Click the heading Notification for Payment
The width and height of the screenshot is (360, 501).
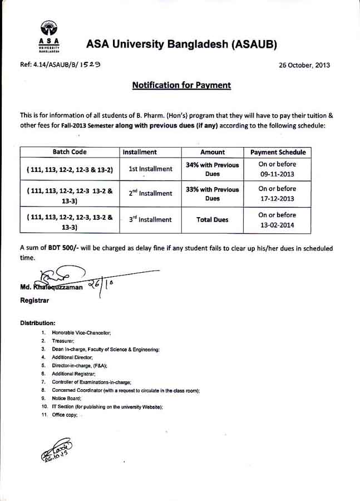(181, 85)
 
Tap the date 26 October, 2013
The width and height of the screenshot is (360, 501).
(304, 65)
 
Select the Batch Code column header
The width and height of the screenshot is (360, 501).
(70, 152)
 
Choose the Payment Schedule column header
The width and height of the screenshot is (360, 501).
(278, 152)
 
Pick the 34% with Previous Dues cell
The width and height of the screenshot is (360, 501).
(212, 169)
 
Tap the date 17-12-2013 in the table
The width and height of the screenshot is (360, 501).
(278, 198)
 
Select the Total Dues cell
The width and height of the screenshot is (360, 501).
(212, 220)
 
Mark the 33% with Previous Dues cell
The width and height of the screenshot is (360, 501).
(212, 194)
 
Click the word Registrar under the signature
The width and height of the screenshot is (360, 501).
(34, 301)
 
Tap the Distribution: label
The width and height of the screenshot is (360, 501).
(37, 323)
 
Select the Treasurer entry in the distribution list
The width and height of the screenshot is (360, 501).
(63, 340)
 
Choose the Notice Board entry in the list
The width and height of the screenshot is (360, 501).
(66, 399)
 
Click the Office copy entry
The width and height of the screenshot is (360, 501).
(65, 415)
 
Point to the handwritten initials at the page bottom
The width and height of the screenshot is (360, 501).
(56, 450)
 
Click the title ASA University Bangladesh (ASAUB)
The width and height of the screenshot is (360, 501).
(181, 44)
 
